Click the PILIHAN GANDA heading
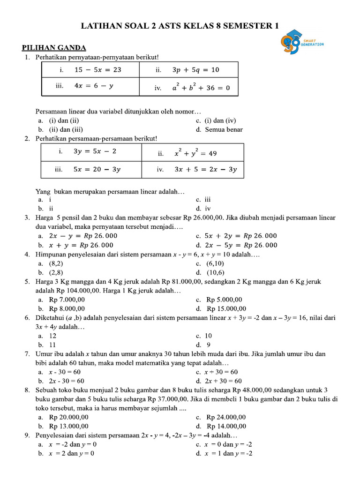pos(54,48)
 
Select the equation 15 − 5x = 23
pos(97,70)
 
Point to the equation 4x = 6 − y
pos(94,86)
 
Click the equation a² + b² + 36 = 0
pos(201,87)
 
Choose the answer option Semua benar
pos(224,129)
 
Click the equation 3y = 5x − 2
pos(94,151)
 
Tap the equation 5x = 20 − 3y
pos(97,170)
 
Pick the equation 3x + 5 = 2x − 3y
pos(205,170)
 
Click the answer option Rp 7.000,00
pos(67,300)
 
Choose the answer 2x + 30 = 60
pos(224,381)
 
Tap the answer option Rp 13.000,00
pos(68,426)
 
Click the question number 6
pos(27,317)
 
